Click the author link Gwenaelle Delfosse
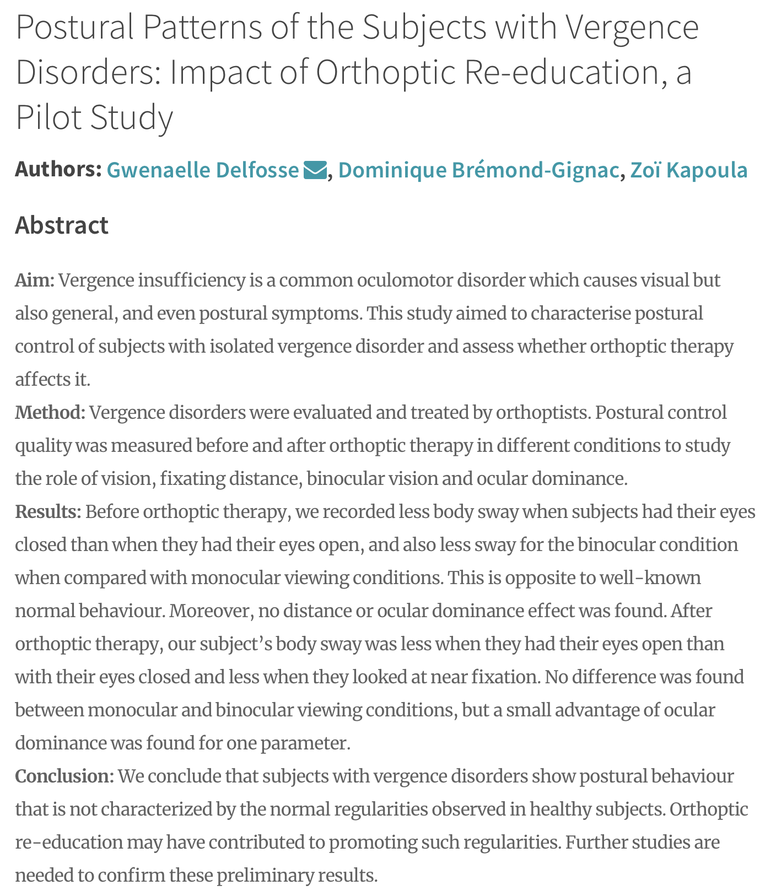[x=202, y=170]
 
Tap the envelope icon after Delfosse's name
[x=315, y=170]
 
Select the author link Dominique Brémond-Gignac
[x=478, y=170]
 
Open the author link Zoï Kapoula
[x=688, y=170]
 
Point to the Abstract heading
[x=62, y=225]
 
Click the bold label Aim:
[x=35, y=280]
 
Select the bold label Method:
[x=50, y=413]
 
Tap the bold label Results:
[x=48, y=512]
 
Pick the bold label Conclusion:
[x=64, y=776]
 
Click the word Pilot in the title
[x=48, y=117]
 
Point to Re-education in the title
[x=557, y=72]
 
